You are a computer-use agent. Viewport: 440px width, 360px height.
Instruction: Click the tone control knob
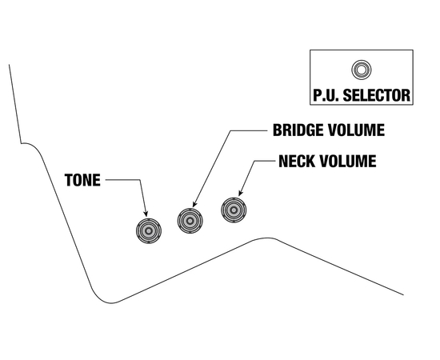click(148, 230)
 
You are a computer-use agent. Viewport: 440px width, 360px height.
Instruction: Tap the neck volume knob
click(234, 210)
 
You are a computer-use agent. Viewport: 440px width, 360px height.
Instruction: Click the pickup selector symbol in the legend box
click(361, 69)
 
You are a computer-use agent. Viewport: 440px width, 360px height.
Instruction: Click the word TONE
click(82, 180)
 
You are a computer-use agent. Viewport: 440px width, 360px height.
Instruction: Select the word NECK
click(298, 161)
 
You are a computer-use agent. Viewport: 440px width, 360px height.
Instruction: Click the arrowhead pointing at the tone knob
click(146, 214)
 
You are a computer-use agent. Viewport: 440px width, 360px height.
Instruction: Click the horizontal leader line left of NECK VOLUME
click(262, 161)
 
